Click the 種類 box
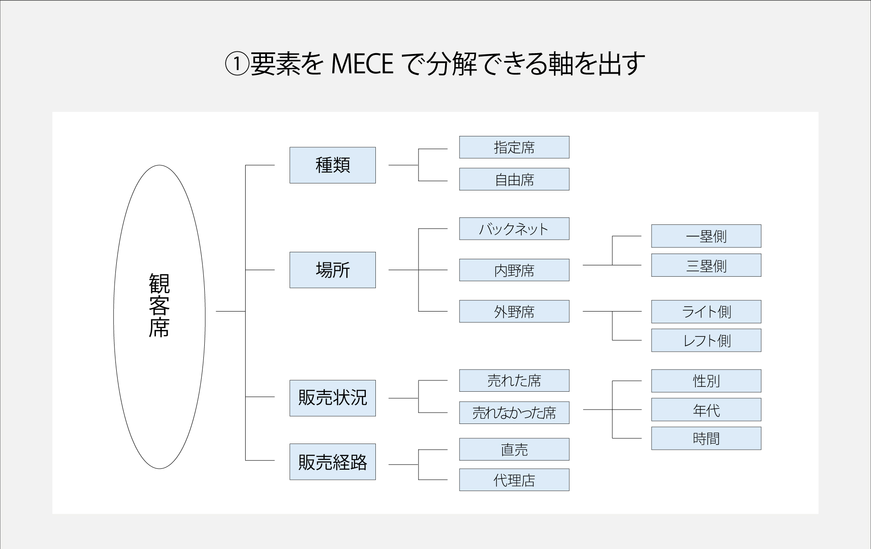[x=333, y=165]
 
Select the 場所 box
[x=333, y=270]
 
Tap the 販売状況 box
[x=333, y=398]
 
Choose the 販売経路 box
[x=333, y=462]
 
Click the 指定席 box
[x=514, y=147]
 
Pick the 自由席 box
[x=514, y=179]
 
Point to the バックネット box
[x=514, y=229]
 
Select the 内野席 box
[x=514, y=270]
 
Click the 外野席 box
[x=514, y=312]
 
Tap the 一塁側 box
[x=706, y=236]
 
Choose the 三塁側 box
[x=706, y=265]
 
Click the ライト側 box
[x=706, y=312]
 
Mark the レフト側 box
[x=706, y=340]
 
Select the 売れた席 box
[x=514, y=381]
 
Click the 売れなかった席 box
[x=514, y=413]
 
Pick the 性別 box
[x=706, y=381]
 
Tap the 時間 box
[x=706, y=438]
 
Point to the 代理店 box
[x=514, y=480]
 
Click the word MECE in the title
[x=362, y=64]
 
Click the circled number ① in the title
[x=236, y=64]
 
